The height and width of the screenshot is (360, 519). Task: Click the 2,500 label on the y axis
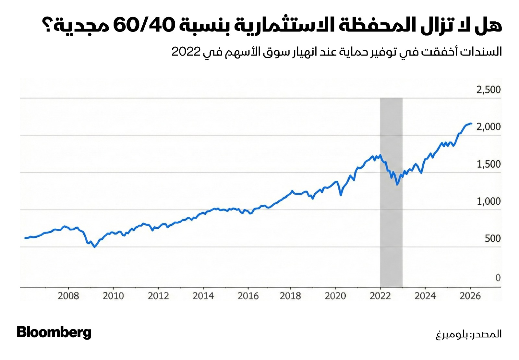coord(488,90)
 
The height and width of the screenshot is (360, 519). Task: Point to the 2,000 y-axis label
coord(488,127)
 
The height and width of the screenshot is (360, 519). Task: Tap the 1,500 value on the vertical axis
coord(488,164)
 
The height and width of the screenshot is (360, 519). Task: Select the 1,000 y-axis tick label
coord(488,201)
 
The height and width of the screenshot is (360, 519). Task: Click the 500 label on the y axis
coord(492,239)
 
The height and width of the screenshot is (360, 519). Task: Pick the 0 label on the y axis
coord(498,278)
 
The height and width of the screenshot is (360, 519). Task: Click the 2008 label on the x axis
coord(68,296)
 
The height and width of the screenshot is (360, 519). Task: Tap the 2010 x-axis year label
coord(113,296)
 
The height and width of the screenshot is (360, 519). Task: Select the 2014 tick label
coord(203,296)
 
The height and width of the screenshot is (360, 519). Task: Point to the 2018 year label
coord(290,296)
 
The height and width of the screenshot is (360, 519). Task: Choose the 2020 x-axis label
coord(335,296)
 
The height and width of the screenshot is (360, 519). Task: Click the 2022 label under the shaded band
coord(380,296)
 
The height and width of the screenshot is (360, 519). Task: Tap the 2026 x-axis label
coord(470,296)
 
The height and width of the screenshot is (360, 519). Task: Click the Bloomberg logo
coord(54,332)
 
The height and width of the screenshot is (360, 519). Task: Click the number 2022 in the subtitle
coord(186,52)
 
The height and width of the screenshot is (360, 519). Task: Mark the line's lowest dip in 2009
coord(94,247)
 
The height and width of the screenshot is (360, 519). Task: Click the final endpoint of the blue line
coord(471,124)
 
